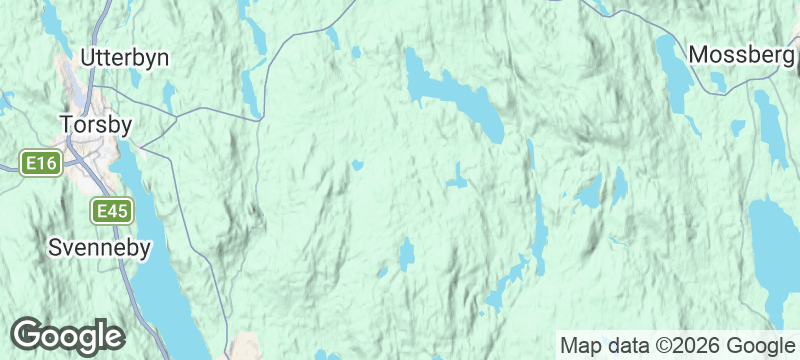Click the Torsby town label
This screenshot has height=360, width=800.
[x=96, y=126]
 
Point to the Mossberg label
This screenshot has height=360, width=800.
[x=741, y=54]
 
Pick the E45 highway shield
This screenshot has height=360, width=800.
[x=111, y=211]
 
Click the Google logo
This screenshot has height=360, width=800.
[x=67, y=335]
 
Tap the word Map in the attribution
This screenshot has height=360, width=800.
[x=583, y=346]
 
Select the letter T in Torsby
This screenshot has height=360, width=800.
[x=66, y=126]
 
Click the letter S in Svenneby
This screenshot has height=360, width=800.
[x=56, y=248]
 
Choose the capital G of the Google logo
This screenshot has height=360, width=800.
[x=28, y=335]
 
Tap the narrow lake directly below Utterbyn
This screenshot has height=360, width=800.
[x=169, y=97]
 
